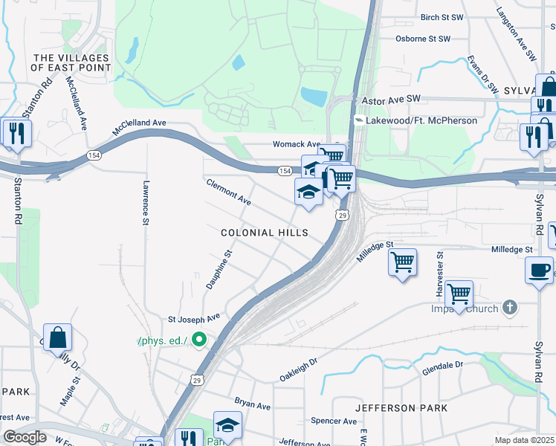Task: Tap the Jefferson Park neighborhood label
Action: [x=401, y=408]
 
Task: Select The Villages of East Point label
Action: [x=71, y=62]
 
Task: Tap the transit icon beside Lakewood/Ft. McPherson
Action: [x=358, y=120]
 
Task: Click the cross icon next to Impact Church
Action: [x=509, y=306]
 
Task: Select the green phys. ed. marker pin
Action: [x=198, y=340]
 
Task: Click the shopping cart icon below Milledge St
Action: [x=402, y=262]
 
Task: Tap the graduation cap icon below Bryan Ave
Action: [x=227, y=425]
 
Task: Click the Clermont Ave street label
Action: [x=228, y=191]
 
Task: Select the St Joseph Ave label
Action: [x=194, y=317]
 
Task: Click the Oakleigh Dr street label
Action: [x=298, y=365]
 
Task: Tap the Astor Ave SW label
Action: [x=391, y=99]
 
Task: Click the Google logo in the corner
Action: [x=25, y=437]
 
